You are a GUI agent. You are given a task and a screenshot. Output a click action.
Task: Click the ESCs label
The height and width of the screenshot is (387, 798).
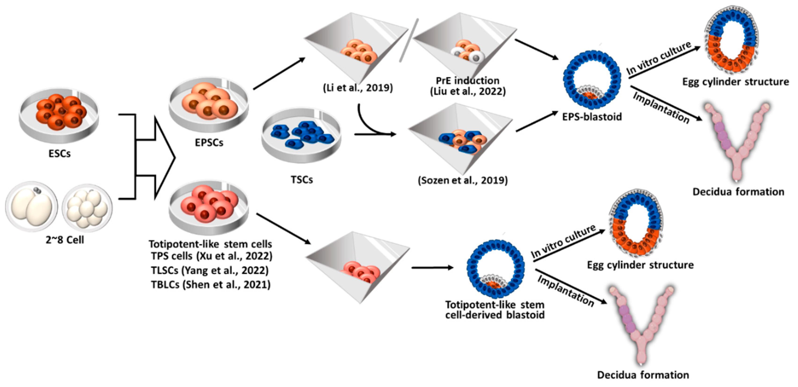point(59,154)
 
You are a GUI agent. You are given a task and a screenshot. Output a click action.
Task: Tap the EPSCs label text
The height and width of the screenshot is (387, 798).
point(209,143)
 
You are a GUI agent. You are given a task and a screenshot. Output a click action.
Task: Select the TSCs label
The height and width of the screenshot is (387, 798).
point(301,179)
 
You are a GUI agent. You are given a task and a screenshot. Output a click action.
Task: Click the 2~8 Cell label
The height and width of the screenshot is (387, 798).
point(65,240)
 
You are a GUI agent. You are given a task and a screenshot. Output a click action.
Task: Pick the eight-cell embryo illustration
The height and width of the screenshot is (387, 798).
point(87,208)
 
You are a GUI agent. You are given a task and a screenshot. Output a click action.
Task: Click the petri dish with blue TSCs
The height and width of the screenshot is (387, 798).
point(301,135)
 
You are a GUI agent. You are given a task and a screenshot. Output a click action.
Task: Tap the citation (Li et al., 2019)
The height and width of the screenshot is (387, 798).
point(358,88)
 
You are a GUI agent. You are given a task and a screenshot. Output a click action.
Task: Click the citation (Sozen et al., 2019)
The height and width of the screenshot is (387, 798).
point(463,180)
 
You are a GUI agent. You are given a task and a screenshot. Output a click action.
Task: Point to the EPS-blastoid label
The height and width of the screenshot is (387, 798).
point(592,117)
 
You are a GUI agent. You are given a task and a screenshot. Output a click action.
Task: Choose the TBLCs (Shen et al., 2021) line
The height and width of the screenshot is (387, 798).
point(211,284)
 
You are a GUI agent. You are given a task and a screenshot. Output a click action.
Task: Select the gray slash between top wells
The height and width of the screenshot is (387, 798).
point(409,40)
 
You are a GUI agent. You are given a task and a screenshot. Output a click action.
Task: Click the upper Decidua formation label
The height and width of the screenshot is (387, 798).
point(738,192)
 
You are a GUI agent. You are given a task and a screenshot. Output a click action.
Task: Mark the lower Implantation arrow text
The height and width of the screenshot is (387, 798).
point(565,291)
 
